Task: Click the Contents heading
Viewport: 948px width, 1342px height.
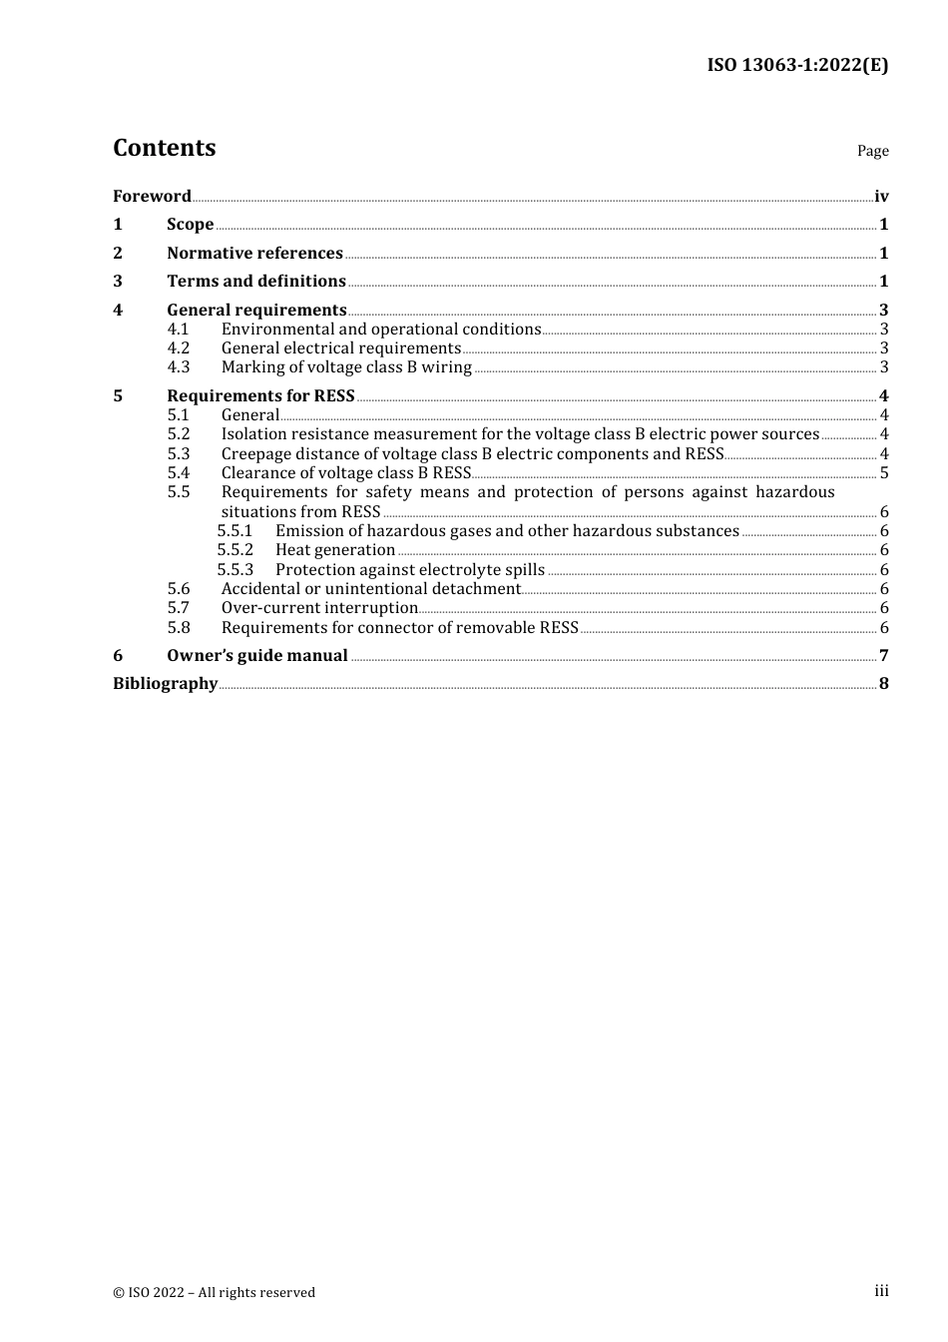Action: pos(164,148)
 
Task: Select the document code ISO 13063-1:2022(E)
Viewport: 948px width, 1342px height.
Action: pos(797,65)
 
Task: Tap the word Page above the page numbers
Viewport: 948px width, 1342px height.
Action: pos(872,151)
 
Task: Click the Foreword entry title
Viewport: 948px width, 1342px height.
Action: pos(152,196)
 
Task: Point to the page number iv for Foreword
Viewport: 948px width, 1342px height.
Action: pos(881,197)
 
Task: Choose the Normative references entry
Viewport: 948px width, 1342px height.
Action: pos(254,254)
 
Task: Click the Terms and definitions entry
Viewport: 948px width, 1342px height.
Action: pos(256,282)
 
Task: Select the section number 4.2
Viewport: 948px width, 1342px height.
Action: pos(179,348)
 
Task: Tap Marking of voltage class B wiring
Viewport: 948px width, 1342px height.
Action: pos(346,367)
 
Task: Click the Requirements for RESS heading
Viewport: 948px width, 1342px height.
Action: pos(260,396)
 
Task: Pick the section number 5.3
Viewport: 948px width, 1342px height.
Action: pos(179,454)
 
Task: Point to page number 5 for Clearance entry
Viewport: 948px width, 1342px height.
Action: pos(884,473)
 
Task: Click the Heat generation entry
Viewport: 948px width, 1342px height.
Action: pos(335,550)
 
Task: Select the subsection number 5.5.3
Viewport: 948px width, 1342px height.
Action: pos(236,570)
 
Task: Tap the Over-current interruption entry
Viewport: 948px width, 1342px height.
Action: pos(319,608)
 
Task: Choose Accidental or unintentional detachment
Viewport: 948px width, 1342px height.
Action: pos(371,589)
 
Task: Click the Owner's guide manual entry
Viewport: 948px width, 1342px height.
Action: pos(257,656)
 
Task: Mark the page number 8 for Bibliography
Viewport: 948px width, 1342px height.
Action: pos(884,684)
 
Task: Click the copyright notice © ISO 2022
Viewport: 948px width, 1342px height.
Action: pos(214,1293)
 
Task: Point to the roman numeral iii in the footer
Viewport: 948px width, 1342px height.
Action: pos(881,1291)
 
